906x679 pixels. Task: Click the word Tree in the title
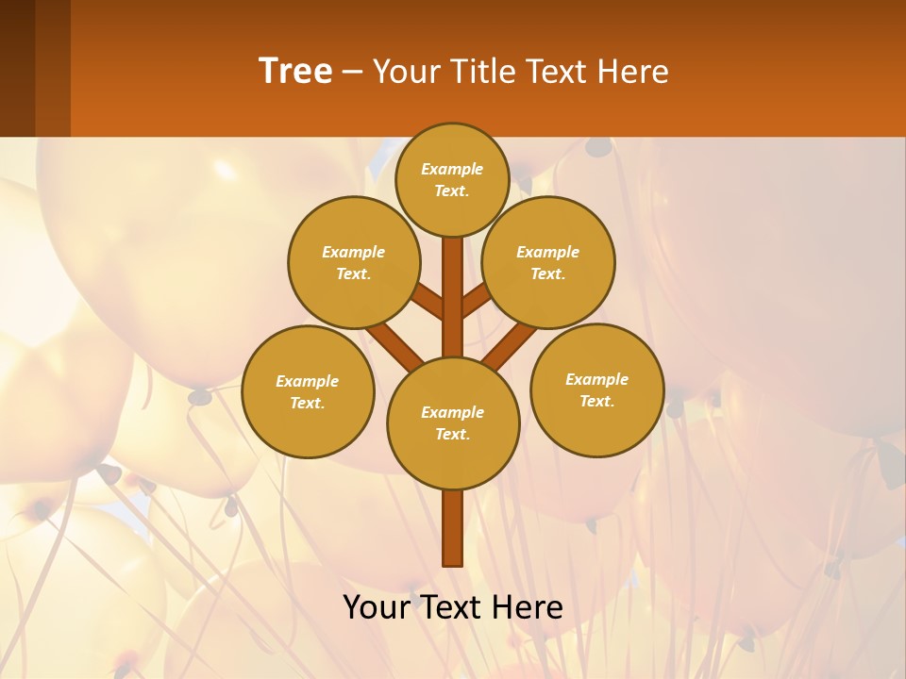(x=295, y=71)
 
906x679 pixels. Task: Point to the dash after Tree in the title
(x=352, y=72)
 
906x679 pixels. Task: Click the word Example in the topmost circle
(x=452, y=169)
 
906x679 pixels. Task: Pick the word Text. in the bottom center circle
(x=452, y=434)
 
